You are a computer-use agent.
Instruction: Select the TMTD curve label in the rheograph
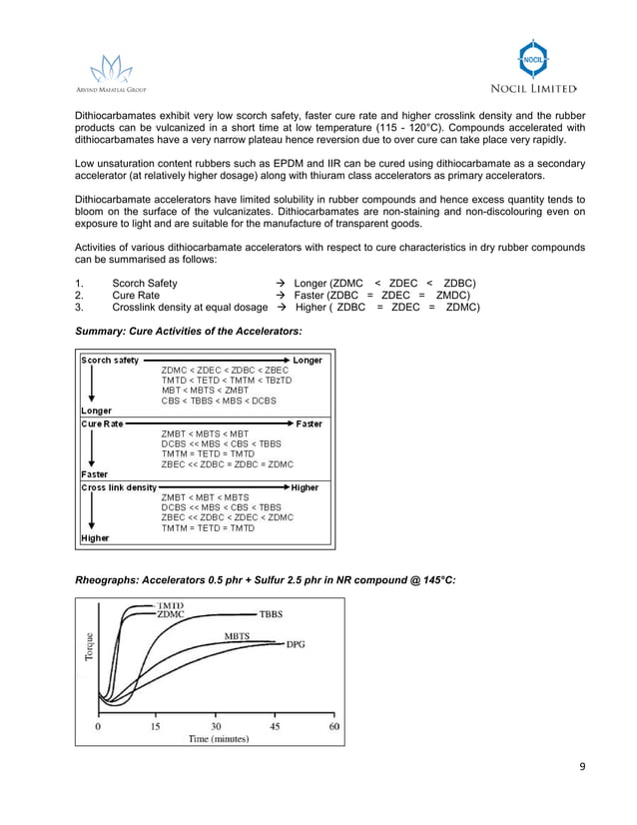point(170,605)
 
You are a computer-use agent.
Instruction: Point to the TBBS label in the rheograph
point(273,614)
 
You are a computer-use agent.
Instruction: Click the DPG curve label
point(296,644)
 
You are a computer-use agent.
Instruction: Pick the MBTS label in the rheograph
point(237,635)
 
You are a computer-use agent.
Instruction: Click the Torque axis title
point(90,651)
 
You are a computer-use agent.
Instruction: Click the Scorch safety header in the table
point(110,360)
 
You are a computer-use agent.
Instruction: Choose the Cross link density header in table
point(119,487)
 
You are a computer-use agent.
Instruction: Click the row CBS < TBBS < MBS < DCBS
point(219,401)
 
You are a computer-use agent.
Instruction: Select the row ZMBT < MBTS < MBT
point(205,433)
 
